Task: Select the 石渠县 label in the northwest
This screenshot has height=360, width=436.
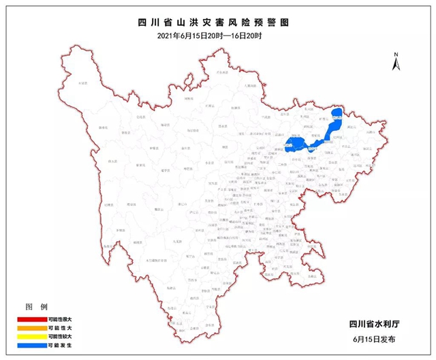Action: (x=83, y=82)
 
